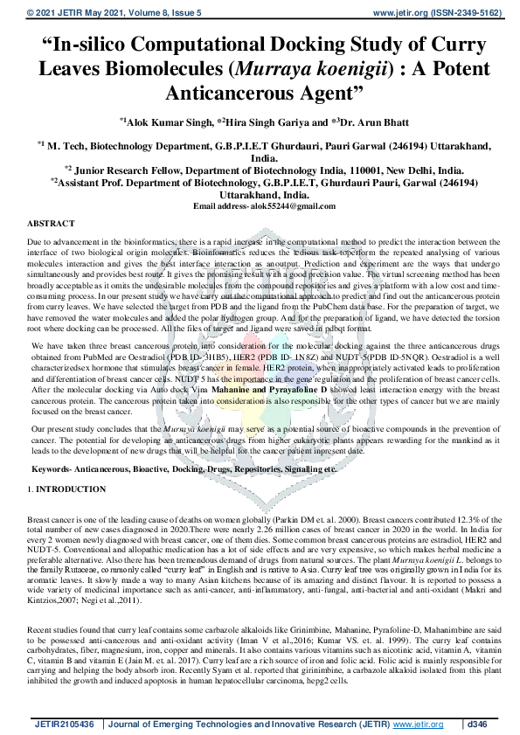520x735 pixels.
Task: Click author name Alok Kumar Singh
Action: pyautogui.click(x=164, y=122)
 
